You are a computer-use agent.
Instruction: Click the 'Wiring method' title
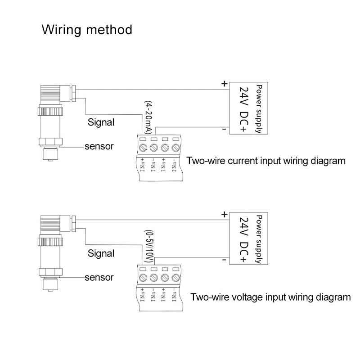pos(87,30)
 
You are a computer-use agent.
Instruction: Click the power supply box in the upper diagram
pos(248,108)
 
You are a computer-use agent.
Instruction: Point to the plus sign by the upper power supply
pos(224,84)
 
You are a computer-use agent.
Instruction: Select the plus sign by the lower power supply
pos(224,215)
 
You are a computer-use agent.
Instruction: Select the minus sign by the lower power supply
pos(224,260)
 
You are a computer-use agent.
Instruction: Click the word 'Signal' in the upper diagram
pos(101,122)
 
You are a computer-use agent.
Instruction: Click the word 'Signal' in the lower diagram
pos(101,253)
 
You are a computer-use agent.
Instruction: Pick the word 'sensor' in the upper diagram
pos(99,146)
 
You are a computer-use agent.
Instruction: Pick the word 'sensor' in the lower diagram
pos(99,277)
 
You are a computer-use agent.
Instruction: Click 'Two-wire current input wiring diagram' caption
pos(266,161)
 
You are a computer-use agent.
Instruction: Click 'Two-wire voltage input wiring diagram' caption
pos(270,297)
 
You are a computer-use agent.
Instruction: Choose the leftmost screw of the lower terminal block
pos(144,278)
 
